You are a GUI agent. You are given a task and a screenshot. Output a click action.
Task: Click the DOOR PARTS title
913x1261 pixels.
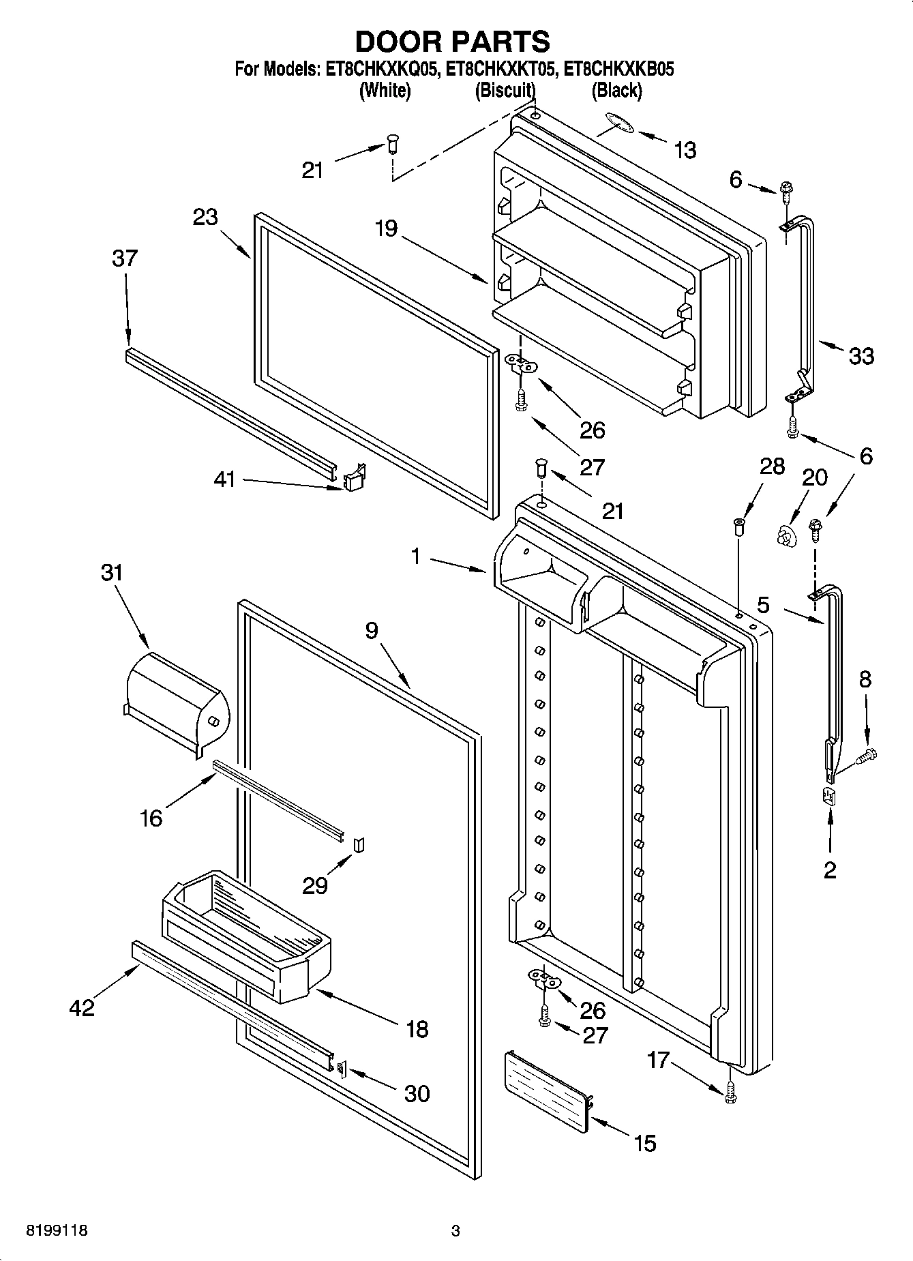pos(453,42)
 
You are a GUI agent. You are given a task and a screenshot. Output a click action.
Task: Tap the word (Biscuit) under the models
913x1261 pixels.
pos(505,90)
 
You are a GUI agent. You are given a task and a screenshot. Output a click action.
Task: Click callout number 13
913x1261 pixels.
pos(685,150)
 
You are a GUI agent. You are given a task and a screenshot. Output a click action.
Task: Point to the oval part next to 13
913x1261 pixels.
pos(618,123)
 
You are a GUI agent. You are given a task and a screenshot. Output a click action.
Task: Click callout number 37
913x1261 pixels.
pos(125,258)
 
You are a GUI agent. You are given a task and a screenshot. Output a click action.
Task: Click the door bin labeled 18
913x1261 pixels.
pos(245,934)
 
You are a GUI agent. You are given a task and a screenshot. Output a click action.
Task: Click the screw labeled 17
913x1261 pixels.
pos(731,1093)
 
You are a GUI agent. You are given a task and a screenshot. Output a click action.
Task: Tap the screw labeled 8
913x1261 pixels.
pos(867,755)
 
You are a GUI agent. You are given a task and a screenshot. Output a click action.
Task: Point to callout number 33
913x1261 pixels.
pos(861,356)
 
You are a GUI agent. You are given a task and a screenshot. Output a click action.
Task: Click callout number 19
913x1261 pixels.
pos(386,228)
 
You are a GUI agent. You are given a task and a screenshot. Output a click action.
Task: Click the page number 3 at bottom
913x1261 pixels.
pos(455,1231)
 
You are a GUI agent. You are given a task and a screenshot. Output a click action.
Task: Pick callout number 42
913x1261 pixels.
pos(83,1007)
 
